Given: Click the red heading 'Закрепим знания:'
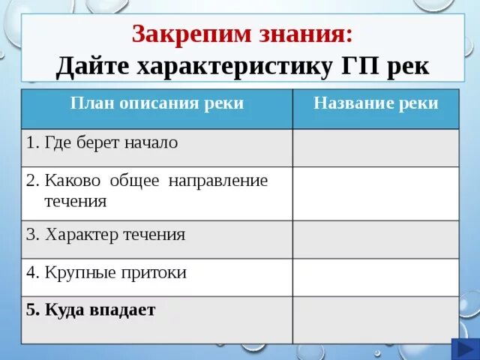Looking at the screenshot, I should tap(241, 34).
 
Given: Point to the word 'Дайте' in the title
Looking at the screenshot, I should tap(92, 66).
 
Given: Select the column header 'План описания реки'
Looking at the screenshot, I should tap(157, 103).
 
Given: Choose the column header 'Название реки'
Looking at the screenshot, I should tap(375, 103).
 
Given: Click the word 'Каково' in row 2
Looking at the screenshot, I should tap(71, 181).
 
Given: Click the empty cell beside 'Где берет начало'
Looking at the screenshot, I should tap(375, 147).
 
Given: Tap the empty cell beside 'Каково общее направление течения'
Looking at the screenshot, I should tap(375, 193).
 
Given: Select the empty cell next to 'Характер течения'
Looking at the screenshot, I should tap(375, 239).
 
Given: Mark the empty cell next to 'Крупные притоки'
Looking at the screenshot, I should tap(375, 277).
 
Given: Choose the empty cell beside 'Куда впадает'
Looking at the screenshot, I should tap(375, 319).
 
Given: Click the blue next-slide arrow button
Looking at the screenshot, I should tap(462, 349).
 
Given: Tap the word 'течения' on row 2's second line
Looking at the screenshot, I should tap(75, 201).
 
